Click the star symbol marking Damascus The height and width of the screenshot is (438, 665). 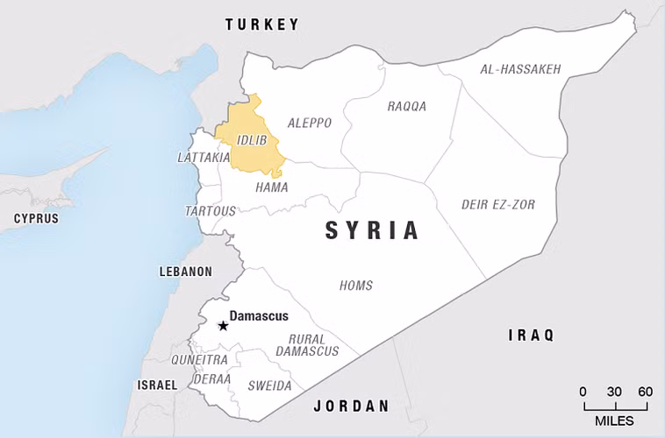tap(223, 326)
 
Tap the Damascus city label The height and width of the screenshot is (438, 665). tap(259, 316)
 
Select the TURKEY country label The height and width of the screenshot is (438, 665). tap(262, 25)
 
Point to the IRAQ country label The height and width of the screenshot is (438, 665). tap(533, 335)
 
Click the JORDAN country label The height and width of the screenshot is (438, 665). tap(351, 406)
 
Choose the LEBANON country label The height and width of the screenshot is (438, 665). tap(185, 272)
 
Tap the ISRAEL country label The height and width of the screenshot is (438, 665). tap(157, 385)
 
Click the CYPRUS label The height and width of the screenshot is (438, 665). tap(36, 218)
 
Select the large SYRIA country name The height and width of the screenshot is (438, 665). tap(372, 230)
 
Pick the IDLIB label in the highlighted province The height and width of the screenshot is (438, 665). tap(251, 139)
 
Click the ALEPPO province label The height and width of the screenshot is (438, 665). tap(310, 124)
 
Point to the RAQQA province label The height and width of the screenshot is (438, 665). tap(407, 106)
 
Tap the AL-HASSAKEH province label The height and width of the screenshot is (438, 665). tap(520, 69)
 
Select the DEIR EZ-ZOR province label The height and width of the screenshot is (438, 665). tap(498, 205)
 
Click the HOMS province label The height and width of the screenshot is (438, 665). tap(356, 286)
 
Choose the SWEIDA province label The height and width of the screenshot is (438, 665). tap(269, 385)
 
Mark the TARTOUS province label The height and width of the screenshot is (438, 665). tap(211, 211)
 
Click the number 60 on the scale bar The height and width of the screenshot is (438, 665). tap(645, 392)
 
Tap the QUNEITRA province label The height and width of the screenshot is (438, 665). tap(199, 359)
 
